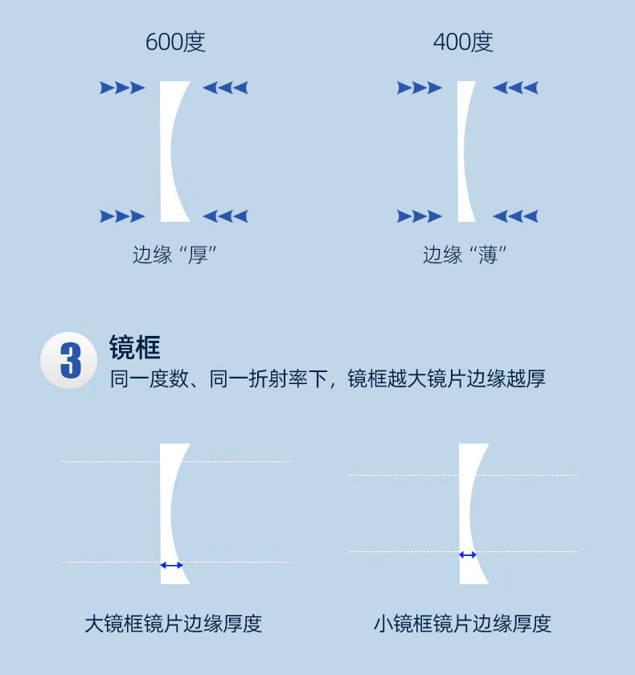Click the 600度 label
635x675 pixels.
pyautogui.click(x=175, y=42)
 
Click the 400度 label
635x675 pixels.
pyautogui.click(x=463, y=42)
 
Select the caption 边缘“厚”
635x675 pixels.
pyautogui.click(x=175, y=256)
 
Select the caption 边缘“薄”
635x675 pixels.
pyautogui.click(x=465, y=256)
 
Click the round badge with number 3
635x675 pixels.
pyautogui.click(x=70, y=361)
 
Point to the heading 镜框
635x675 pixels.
pyautogui.click(x=135, y=347)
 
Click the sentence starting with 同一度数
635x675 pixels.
pyautogui.click(x=327, y=378)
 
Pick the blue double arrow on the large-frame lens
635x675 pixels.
pyautogui.click(x=171, y=566)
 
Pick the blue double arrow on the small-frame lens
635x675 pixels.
pyautogui.click(x=468, y=554)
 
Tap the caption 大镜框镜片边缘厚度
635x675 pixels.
pyautogui.click(x=174, y=624)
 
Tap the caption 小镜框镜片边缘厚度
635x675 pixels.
pyautogui.click(x=462, y=624)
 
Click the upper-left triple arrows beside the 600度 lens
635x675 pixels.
pyautogui.click(x=122, y=88)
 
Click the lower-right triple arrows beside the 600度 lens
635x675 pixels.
pyautogui.click(x=225, y=216)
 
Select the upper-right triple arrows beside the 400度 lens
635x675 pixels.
pyautogui.click(x=515, y=88)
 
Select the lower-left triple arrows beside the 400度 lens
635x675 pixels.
pyautogui.click(x=420, y=216)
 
